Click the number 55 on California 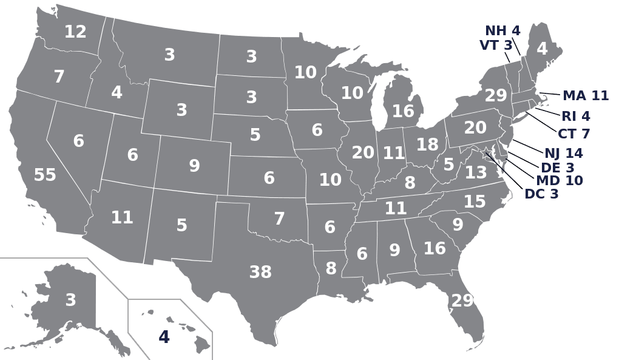45,175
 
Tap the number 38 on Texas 260,273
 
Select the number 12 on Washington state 75,32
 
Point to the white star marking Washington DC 486,152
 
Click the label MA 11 585,96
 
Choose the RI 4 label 575,116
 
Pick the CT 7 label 573,134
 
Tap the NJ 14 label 563,153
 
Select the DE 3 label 558,167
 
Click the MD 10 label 559,180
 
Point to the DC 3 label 541,194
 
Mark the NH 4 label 502,31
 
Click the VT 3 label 496,46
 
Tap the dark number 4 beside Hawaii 164,337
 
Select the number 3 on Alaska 70,300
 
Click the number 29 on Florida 462,301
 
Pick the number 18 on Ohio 427,145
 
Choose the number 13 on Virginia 476,173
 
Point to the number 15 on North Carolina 475,202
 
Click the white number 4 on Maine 542,49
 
